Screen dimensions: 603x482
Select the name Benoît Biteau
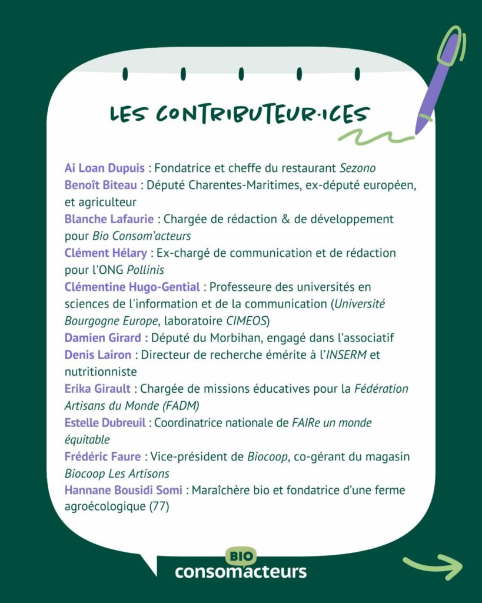point(101,185)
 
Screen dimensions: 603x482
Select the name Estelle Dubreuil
point(105,423)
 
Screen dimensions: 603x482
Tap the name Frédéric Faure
point(102,456)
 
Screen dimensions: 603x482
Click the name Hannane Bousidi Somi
point(123,490)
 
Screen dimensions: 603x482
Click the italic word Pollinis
point(145,270)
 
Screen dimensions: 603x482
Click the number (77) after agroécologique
point(158,506)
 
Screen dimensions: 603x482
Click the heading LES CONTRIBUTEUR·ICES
point(240,115)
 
